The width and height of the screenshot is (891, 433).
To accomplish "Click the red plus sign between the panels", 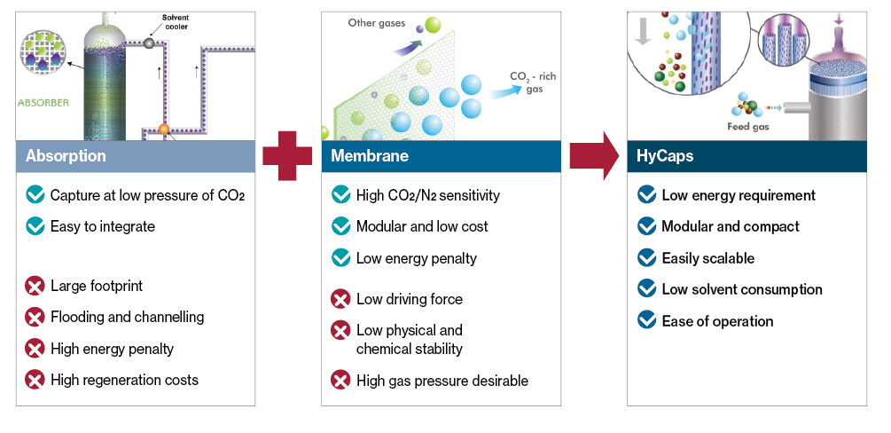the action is (x=287, y=156).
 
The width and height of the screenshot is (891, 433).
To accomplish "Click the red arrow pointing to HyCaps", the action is (x=594, y=156).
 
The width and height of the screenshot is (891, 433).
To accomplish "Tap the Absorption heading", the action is (x=66, y=156).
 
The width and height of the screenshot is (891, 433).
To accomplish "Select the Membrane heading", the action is (x=370, y=156).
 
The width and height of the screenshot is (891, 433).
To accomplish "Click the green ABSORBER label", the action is (x=43, y=103).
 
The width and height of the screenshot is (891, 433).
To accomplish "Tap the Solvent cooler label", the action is (x=176, y=22).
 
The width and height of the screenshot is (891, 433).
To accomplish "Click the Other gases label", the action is (x=377, y=23).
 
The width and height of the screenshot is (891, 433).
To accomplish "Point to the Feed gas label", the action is (x=747, y=126).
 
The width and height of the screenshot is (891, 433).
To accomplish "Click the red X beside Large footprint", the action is (x=35, y=285).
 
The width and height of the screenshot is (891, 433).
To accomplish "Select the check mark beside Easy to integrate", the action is (x=35, y=226).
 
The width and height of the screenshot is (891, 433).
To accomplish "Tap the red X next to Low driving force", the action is (x=340, y=299).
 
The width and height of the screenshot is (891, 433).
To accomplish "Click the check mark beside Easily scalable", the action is (x=646, y=257).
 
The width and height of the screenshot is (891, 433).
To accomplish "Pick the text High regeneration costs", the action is (x=124, y=380).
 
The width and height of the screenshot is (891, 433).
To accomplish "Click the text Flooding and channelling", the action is (x=128, y=317).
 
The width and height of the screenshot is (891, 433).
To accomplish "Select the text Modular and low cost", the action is (x=422, y=226).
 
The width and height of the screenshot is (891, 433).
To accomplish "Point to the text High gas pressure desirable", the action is (x=442, y=380).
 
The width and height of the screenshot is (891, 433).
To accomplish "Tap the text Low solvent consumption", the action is (x=742, y=289).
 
